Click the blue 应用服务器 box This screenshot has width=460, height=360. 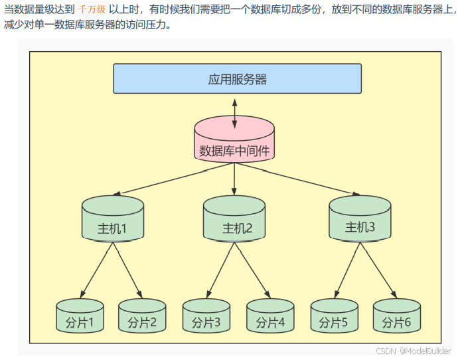(237, 79)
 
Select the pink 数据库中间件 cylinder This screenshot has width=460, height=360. (234, 141)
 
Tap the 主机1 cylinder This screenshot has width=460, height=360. (112, 219)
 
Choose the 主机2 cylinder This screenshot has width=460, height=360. (234, 219)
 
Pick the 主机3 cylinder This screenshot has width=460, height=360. (360, 218)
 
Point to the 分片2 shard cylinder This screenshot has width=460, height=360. (142, 315)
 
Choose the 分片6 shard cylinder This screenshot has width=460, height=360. (397, 315)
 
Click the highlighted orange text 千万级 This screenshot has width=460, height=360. (92, 10)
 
